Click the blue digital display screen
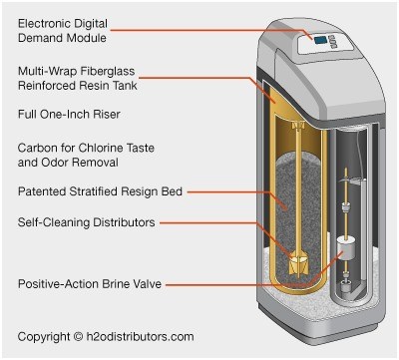[320, 41]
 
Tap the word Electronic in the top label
[44, 23]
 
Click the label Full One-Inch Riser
[69, 115]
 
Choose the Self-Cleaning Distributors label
[87, 222]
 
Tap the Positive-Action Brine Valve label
[90, 284]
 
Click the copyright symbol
[78, 337]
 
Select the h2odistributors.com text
[140, 337]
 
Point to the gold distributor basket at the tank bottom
[298, 264]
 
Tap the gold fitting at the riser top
[298, 125]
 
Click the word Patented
[42, 191]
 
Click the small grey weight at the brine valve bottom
[345, 286]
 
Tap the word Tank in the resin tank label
[125, 86]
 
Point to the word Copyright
[44, 337]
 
